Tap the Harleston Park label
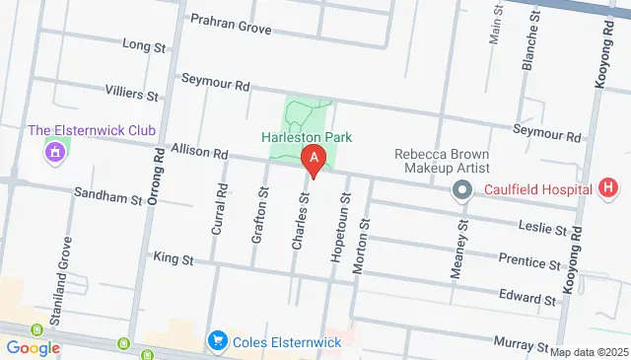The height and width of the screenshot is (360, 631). pyautogui.click(x=307, y=138)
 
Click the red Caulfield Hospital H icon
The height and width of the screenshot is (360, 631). pyautogui.click(x=608, y=187)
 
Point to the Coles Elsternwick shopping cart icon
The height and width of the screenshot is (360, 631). pyautogui.click(x=217, y=341)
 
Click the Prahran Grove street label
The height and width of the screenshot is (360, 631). pyautogui.click(x=230, y=26)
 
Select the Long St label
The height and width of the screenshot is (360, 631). pyautogui.click(x=144, y=45)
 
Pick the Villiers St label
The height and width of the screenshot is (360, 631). pyautogui.click(x=131, y=93)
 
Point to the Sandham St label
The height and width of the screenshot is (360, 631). pyautogui.click(x=108, y=197)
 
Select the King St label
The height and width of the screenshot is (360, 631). pyautogui.click(x=170, y=258)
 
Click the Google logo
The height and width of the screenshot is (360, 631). pyautogui.click(x=34, y=347)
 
